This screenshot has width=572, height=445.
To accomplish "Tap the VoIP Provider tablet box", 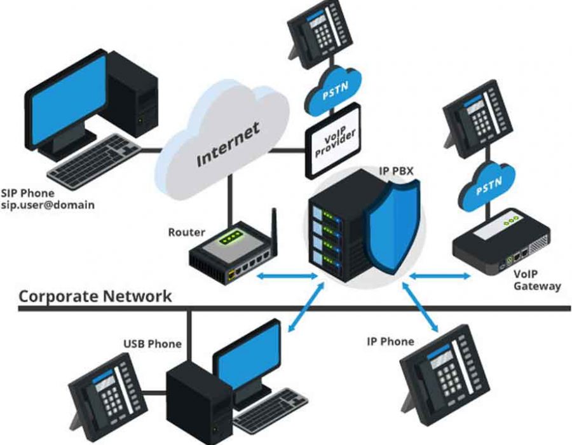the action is [x=332, y=140].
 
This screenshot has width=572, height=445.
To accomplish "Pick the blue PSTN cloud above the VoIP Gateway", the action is [x=487, y=186].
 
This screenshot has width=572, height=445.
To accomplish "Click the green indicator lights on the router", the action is [x=230, y=237].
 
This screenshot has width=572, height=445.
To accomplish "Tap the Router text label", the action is [x=186, y=232].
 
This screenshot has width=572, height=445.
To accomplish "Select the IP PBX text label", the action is [x=396, y=171].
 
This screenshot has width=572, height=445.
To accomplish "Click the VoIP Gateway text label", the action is [x=536, y=280].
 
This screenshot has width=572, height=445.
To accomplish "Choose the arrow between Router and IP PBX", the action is [x=287, y=277].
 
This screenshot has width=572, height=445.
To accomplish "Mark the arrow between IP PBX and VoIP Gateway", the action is [x=440, y=277].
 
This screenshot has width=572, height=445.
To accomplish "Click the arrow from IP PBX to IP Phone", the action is [x=421, y=307].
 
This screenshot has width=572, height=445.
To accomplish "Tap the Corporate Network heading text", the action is [x=95, y=296].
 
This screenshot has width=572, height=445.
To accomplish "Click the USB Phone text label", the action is [x=153, y=343].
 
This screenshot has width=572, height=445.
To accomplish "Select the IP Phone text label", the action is [x=390, y=341].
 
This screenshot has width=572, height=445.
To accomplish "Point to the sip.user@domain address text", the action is [x=48, y=205].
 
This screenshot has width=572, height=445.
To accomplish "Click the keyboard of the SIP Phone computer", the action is [x=94, y=161].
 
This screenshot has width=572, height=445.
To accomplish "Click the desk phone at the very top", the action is [x=320, y=34].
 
